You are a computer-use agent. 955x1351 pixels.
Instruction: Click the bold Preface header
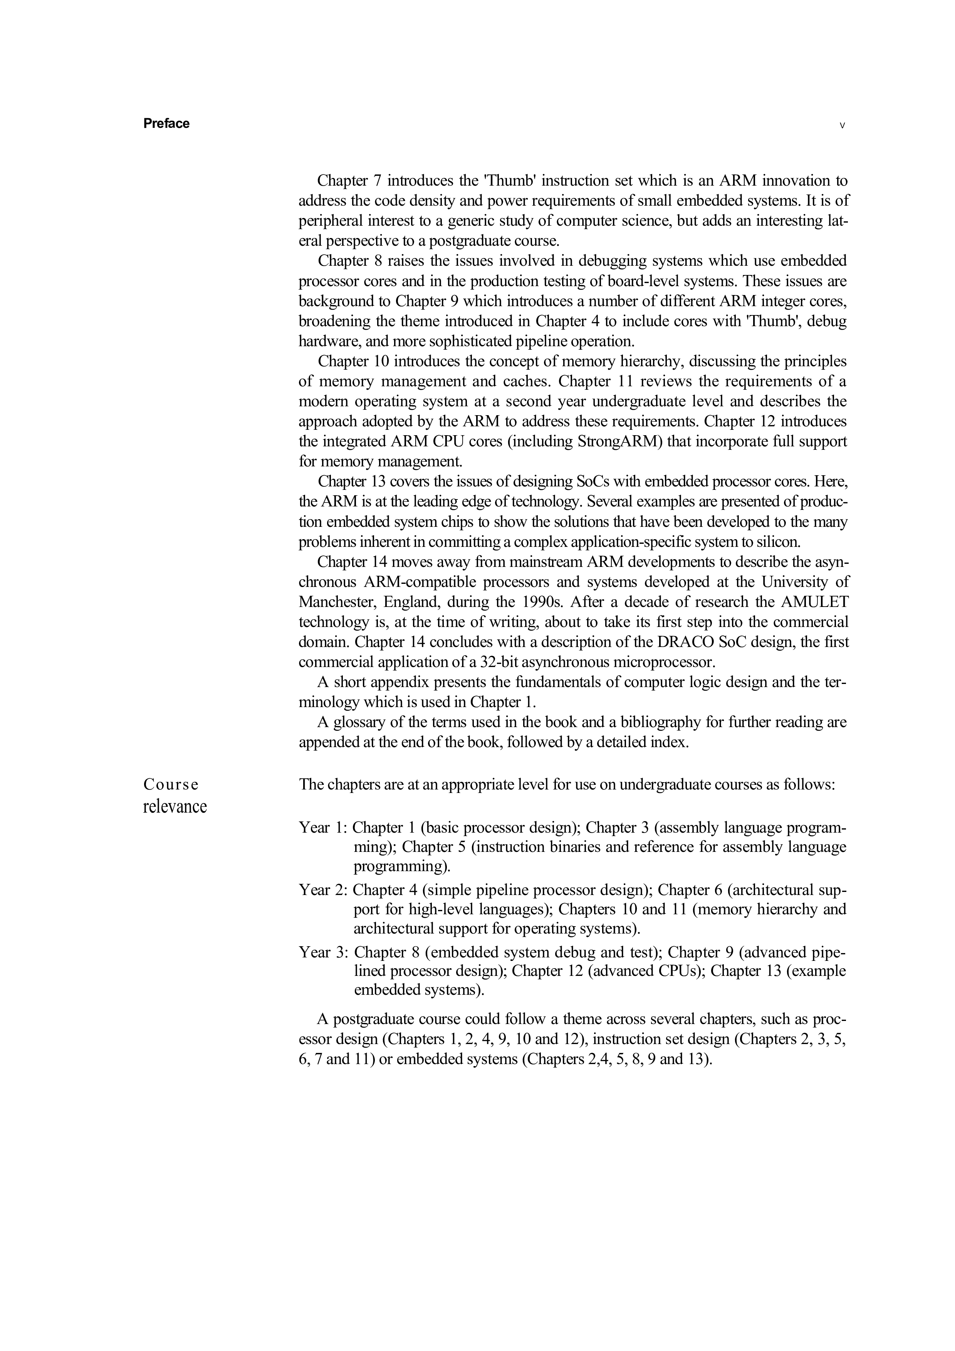[166, 124]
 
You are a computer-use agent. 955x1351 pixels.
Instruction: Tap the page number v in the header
[842, 125]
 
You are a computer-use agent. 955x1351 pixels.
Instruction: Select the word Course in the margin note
[171, 785]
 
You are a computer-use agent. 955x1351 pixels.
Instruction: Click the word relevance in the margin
[175, 806]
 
